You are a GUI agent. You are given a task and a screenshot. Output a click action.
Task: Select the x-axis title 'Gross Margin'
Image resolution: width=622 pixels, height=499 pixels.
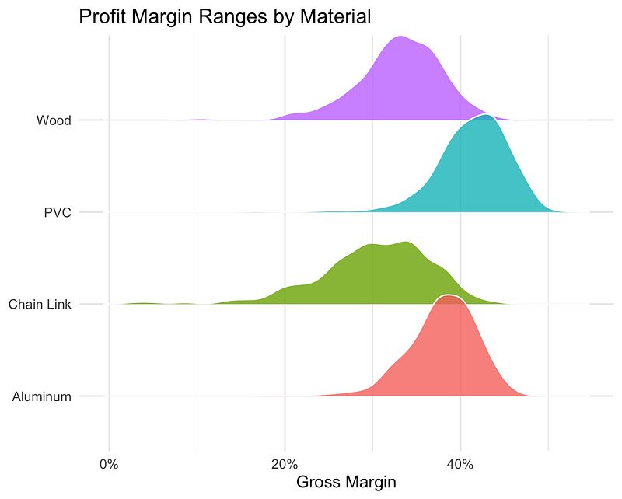click(347, 482)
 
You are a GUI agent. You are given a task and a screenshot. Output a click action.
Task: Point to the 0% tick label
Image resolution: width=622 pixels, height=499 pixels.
click(110, 464)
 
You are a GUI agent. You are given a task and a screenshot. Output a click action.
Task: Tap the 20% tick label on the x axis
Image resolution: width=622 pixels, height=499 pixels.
click(285, 464)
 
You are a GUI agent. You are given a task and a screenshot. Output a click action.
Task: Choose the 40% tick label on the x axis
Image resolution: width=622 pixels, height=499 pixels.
click(460, 464)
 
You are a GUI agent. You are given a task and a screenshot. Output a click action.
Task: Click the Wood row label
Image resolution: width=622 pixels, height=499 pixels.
click(54, 120)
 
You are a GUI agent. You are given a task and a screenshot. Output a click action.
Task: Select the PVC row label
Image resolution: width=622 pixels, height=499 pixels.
click(58, 212)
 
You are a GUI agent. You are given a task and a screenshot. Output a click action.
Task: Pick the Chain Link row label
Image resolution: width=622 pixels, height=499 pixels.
click(40, 305)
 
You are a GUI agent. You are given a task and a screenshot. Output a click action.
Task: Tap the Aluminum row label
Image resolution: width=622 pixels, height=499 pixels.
click(42, 397)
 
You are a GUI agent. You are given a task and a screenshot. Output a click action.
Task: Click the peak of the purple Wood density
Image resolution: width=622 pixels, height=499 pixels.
click(400, 37)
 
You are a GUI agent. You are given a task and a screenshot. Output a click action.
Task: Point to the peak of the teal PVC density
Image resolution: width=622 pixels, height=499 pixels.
click(486, 115)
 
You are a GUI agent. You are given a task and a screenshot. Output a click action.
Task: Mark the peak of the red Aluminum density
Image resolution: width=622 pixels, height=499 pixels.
click(449, 296)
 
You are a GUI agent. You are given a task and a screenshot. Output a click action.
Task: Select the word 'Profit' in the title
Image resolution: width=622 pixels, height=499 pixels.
click(102, 16)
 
